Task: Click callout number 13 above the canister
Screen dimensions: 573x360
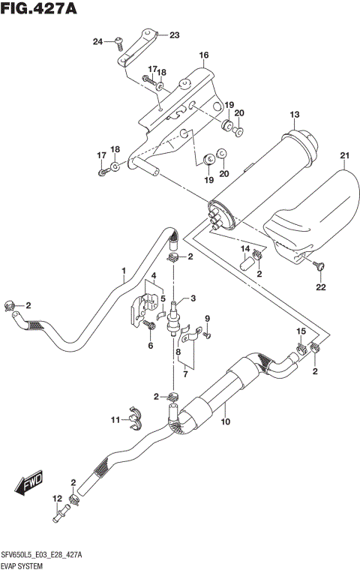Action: click(295, 114)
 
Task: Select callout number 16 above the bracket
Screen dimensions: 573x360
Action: click(203, 55)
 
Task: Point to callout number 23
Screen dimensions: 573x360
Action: click(174, 35)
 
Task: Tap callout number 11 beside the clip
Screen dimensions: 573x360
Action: click(115, 419)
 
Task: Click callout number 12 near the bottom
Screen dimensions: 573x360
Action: click(57, 499)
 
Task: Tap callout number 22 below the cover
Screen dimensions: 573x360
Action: click(320, 287)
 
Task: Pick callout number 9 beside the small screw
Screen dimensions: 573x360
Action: click(207, 318)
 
